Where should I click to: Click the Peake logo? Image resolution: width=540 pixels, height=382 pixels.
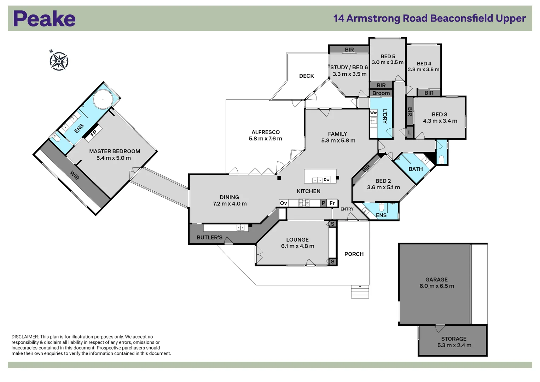tap(44, 18)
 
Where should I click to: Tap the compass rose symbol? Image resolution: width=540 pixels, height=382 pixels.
tap(59, 61)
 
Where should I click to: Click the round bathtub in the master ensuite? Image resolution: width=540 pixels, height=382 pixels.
tap(103, 99)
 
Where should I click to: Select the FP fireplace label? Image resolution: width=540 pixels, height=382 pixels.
tap(93, 133)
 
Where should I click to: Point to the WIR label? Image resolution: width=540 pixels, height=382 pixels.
tap(75, 175)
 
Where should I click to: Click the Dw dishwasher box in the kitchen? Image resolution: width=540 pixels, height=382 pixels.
tap(326, 180)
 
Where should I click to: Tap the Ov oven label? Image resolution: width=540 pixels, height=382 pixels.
tap(283, 203)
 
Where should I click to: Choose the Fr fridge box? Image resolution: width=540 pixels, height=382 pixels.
tap(332, 203)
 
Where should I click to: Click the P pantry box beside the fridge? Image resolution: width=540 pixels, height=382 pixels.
tap(323, 203)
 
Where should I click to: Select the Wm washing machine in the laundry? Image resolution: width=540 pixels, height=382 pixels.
tap(373, 113)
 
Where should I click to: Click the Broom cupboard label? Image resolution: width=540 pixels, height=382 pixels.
tap(381, 93)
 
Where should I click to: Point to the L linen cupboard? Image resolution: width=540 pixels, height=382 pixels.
tap(410, 133)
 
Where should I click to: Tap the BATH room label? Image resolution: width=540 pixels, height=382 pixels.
tap(416, 169)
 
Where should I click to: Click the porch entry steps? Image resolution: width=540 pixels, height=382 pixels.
tap(360, 292)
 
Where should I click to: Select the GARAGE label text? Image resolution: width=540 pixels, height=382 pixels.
tap(436, 279)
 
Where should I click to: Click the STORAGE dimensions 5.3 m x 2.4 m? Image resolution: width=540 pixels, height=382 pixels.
tap(454, 345)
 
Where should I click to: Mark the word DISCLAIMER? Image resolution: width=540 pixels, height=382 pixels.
tap(25, 337)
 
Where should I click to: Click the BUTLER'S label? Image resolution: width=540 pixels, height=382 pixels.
tap(209, 237)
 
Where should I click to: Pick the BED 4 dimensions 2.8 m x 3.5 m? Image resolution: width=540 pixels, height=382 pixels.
tap(423, 70)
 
